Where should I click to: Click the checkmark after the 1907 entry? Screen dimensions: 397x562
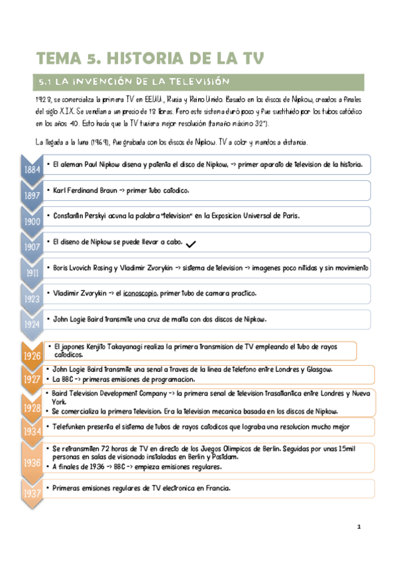[x=192, y=245]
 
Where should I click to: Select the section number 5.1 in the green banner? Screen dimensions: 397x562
[x=45, y=82]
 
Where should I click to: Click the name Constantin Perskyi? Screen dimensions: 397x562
[x=82, y=216]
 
